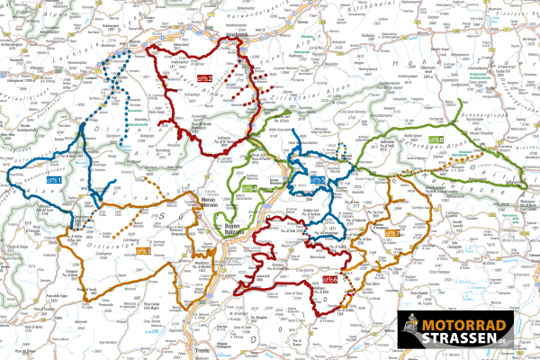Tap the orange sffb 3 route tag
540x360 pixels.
144,250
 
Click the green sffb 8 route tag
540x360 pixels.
436,140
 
